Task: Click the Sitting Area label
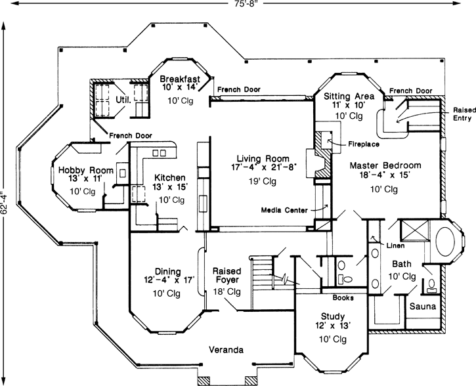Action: pos(350,96)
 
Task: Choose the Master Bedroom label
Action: pos(385,165)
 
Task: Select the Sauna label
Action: pos(422,307)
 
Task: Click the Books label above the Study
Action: pos(343,296)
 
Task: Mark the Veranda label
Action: pos(227,349)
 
